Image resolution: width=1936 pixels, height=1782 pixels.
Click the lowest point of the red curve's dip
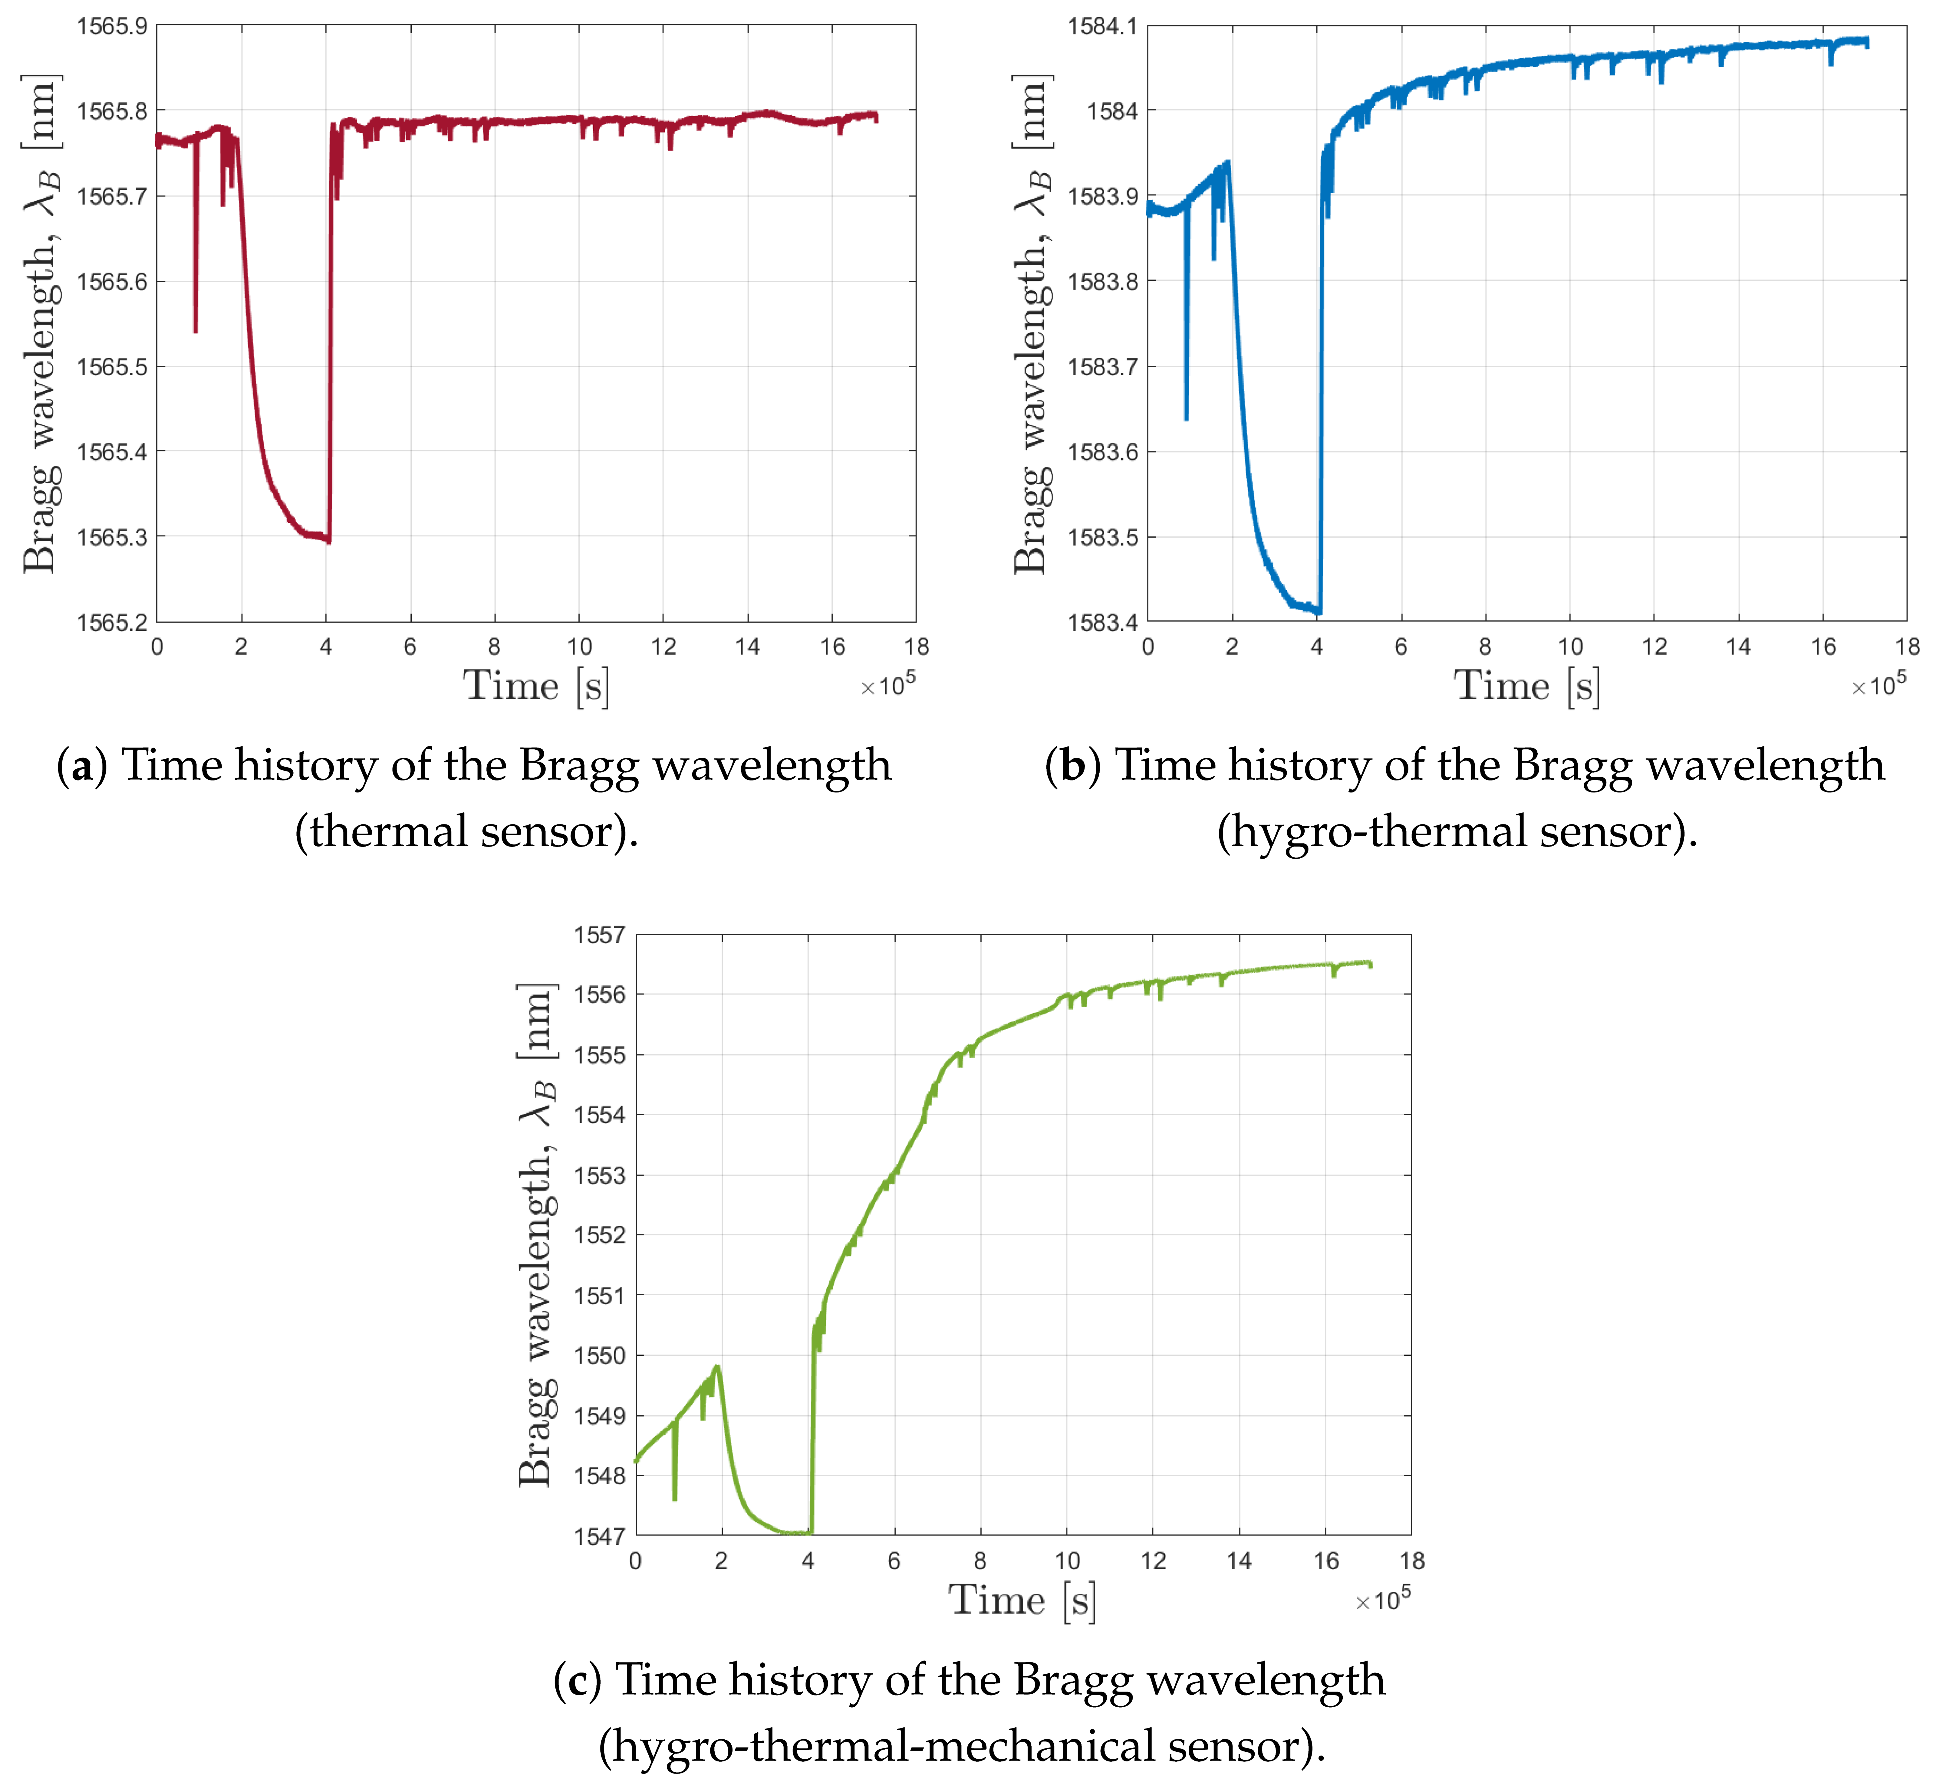tap(329, 542)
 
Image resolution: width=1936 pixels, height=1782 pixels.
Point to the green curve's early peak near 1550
tap(717, 1366)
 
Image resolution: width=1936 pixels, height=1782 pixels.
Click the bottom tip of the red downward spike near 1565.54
tap(196, 332)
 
